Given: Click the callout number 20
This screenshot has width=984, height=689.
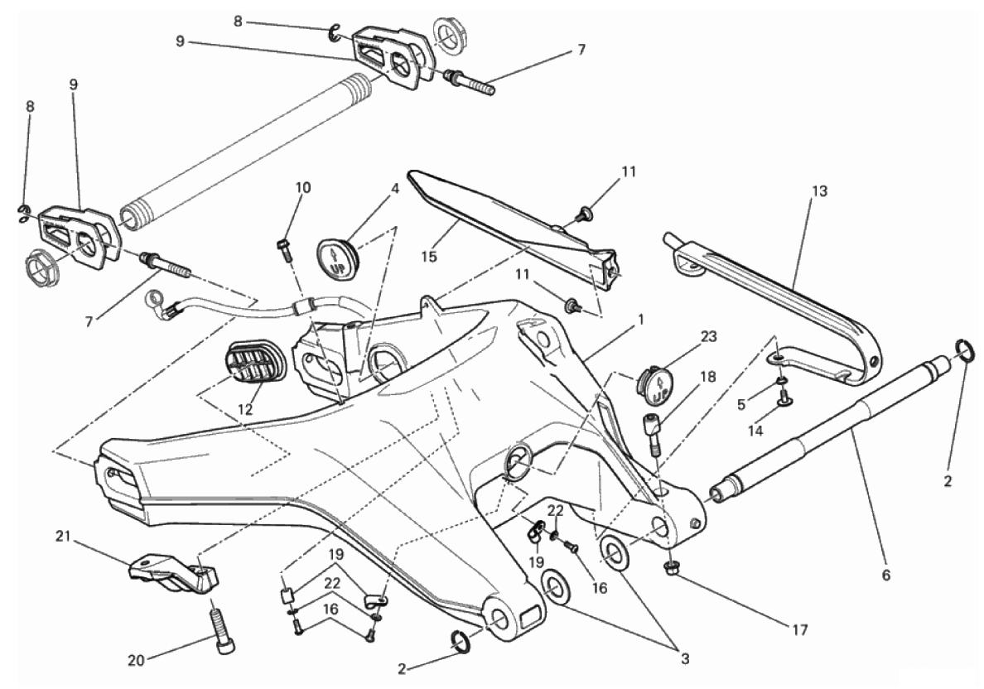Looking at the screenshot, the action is tap(136, 660).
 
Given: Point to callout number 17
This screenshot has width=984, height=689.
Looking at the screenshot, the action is tap(799, 629).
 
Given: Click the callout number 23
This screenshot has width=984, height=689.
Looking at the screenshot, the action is tap(708, 337).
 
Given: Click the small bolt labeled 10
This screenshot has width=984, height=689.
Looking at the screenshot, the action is tap(283, 250).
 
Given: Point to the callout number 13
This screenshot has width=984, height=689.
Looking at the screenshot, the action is tap(819, 190).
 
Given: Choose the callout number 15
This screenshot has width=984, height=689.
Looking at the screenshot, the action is tap(429, 257).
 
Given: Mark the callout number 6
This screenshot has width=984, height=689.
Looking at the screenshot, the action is tap(886, 574).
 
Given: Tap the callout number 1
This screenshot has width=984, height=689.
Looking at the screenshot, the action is tap(641, 320).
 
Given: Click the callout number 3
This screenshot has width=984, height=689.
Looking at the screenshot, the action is tap(685, 658).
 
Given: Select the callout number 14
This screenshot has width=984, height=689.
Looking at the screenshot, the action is tap(755, 431).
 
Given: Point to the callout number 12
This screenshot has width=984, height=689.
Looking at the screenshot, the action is tap(244, 410).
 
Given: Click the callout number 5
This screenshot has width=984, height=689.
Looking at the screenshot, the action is tap(741, 405).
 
